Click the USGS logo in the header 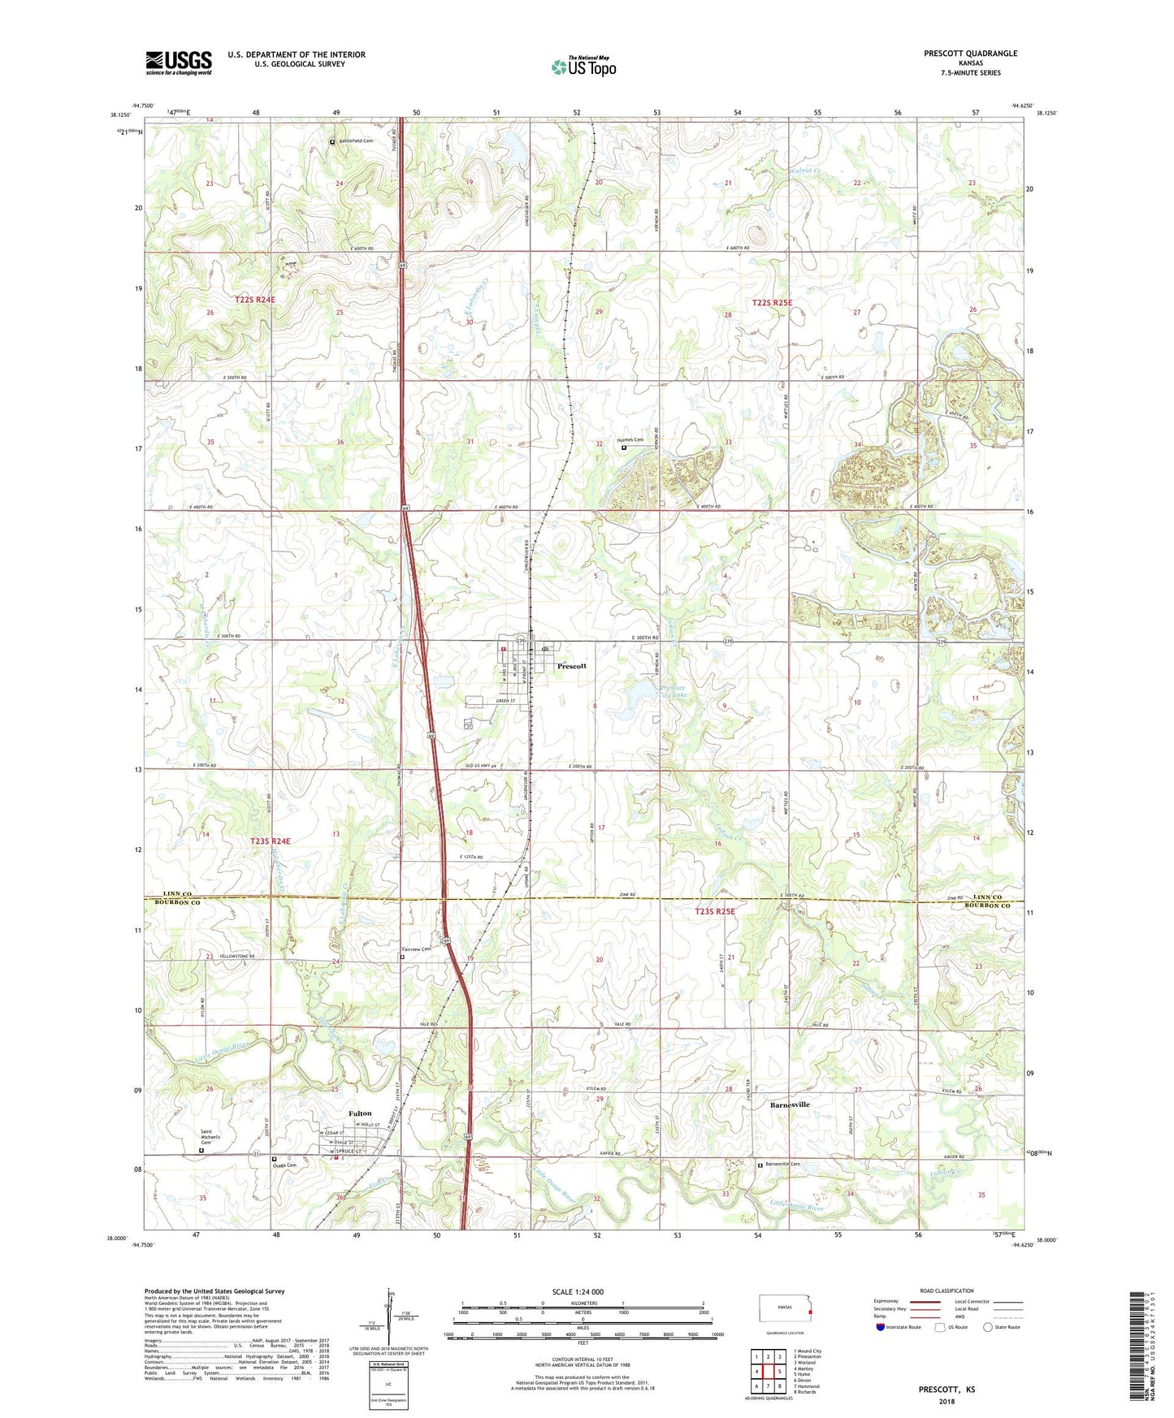click(179, 63)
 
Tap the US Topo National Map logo click(583, 66)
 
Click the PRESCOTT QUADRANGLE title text click(970, 54)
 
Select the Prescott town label click(571, 666)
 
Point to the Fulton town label click(360, 1113)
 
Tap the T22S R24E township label click(255, 300)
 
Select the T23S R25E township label click(714, 912)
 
